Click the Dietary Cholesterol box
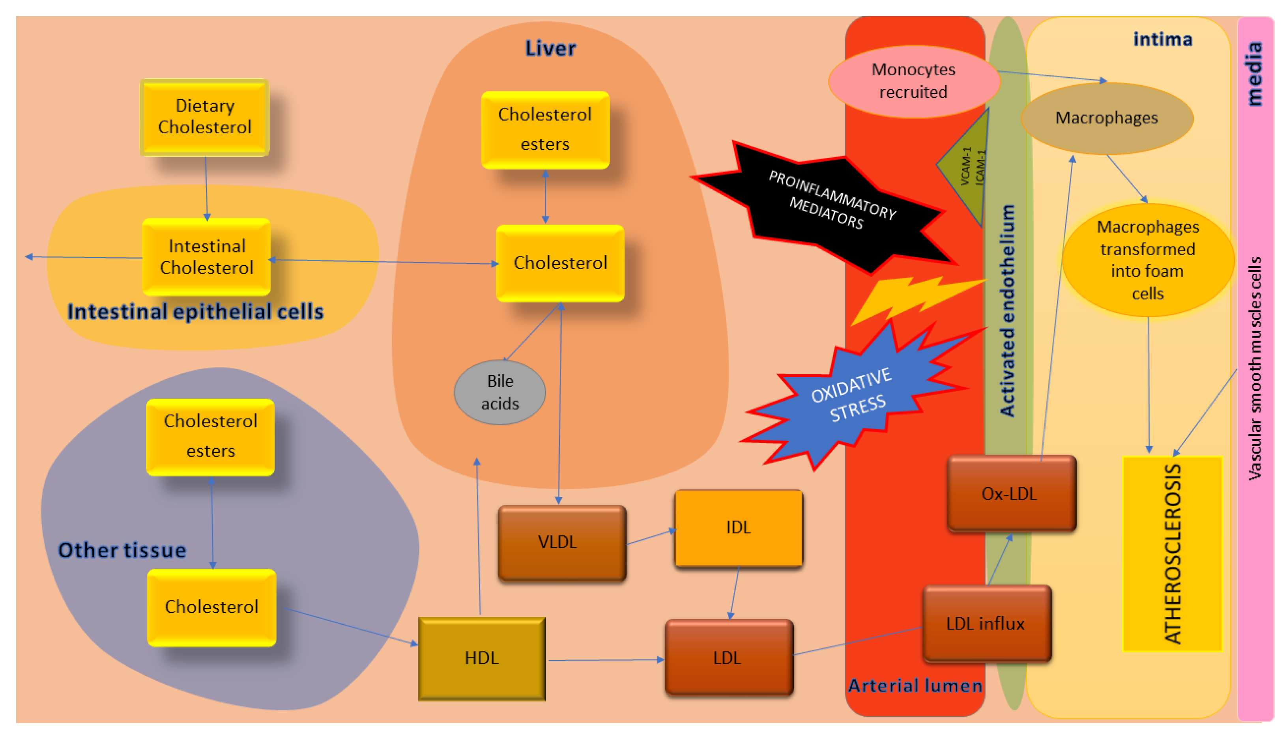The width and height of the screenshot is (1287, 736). [204, 117]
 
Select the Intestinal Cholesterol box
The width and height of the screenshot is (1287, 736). [206, 257]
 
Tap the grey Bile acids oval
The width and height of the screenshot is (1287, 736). [499, 392]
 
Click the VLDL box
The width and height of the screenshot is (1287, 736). [561, 542]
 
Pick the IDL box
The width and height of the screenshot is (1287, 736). [738, 528]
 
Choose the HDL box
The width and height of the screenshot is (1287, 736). [482, 658]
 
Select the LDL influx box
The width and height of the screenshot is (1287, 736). [987, 623]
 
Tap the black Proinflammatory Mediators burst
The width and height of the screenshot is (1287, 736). [829, 207]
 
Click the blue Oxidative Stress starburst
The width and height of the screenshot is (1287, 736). [854, 397]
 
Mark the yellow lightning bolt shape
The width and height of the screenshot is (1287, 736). [910, 298]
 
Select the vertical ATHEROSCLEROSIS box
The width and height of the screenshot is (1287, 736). [1172, 553]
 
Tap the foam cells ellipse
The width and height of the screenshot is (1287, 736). [1147, 260]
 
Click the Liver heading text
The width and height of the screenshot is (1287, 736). [550, 49]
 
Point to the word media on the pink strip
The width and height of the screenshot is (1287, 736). [1255, 73]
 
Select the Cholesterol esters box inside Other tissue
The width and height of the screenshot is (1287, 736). [210, 437]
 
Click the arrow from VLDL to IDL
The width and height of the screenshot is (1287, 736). [651, 537]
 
